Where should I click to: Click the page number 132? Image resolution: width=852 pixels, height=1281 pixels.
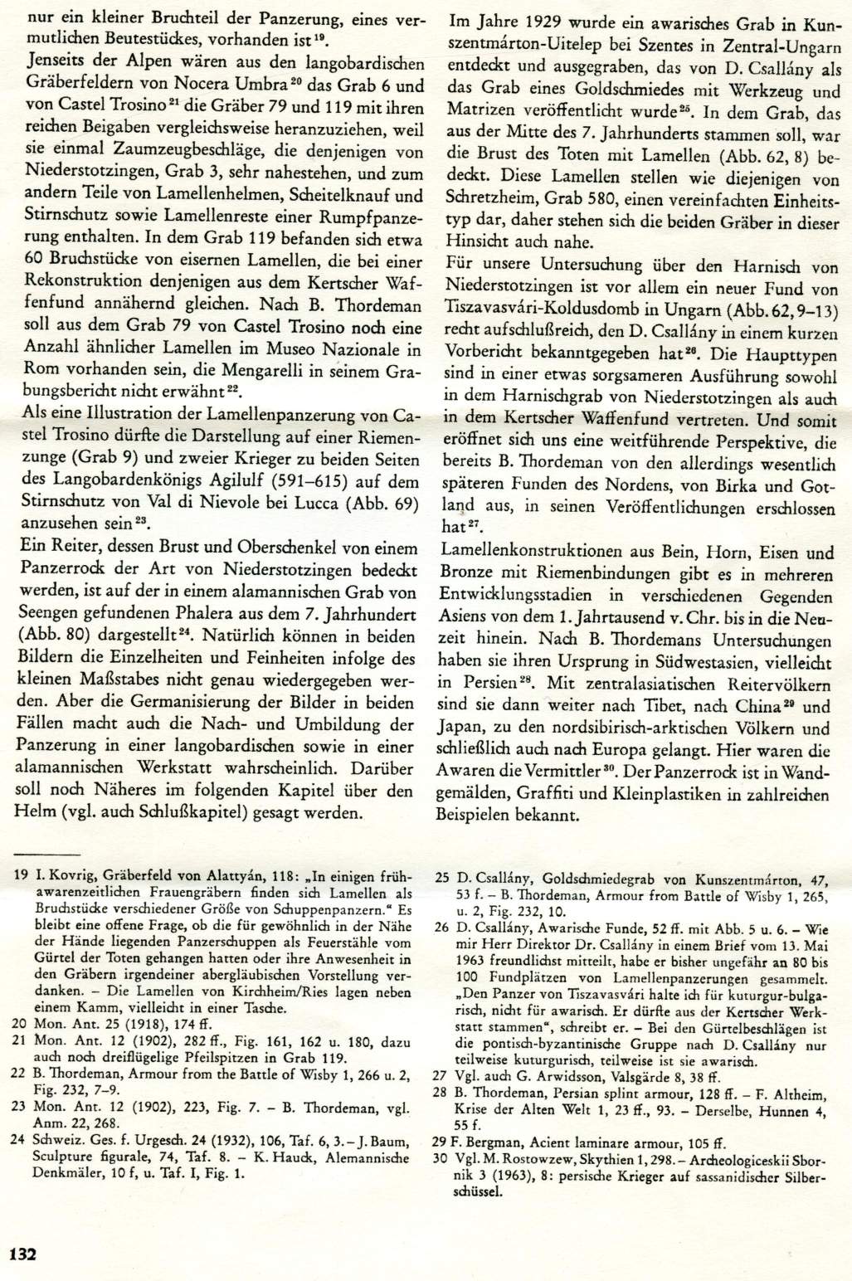[x=23, y=1253]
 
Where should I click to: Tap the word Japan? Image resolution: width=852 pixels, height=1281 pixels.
[x=466, y=729]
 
